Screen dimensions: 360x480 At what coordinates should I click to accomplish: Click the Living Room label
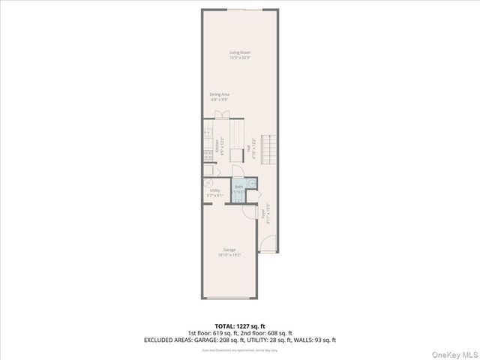click(240, 52)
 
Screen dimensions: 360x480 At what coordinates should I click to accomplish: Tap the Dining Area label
click(219, 94)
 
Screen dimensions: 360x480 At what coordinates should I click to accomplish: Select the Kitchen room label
click(217, 146)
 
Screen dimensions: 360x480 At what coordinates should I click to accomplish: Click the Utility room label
click(214, 191)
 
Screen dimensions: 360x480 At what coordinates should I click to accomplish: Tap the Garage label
click(229, 250)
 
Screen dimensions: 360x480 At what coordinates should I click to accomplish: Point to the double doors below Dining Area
click(221, 115)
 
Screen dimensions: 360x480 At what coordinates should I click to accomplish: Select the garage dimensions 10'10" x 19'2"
click(229, 255)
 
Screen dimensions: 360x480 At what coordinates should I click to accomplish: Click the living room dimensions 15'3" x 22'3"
click(240, 57)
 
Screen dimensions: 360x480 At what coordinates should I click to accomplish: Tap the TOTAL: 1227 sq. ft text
click(240, 325)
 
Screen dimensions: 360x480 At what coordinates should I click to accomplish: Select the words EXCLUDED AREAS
click(169, 339)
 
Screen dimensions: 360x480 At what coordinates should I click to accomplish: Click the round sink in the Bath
click(252, 181)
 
